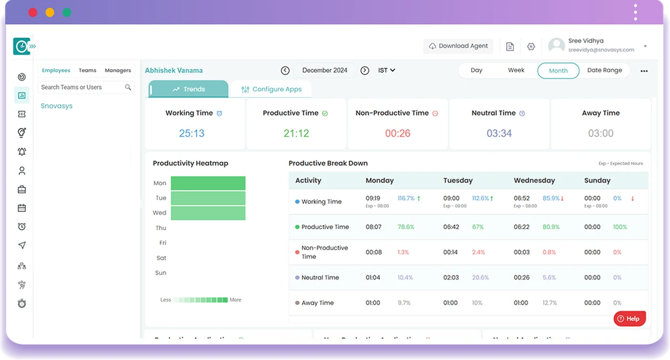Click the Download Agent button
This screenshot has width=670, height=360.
pyautogui.click(x=458, y=46)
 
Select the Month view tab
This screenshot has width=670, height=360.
pyautogui.click(x=558, y=70)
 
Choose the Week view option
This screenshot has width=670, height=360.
pyautogui.click(x=516, y=70)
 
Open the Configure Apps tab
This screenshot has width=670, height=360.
pyautogui.click(x=271, y=89)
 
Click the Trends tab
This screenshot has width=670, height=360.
pyautogui.click(x=189, y=89)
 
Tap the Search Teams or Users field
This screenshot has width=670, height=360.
pyautogui.click(x=81, y=87)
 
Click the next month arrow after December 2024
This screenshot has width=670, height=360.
pyautogui.click(x=365, y=70)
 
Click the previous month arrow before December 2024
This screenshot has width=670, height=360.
pyautogui.click(x=285, y=70)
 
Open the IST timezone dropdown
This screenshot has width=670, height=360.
pyautogui.click(x=387, y=70)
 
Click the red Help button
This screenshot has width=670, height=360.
pyautogui.click(x=629, y=318)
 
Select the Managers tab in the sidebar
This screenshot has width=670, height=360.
pyautogui.click(x=118, y=70)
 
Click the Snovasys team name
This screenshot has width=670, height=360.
pyautogui.click(x=57, y=106)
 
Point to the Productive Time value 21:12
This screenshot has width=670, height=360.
pyautogui.click(x=296, y=133)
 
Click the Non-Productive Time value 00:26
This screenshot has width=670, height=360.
pyautogui.click(x=398, y=133)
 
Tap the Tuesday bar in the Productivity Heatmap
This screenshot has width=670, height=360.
pyautogui.click(x=208, y=198)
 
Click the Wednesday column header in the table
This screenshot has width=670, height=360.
pyautogui.click(x=534, y=181)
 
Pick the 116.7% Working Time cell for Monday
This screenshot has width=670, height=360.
pyautogui.click(x=406, y=198)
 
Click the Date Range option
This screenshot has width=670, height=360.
pyautogui.click(x=604, y=70)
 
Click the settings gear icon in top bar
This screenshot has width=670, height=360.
pyautogui.click(x=531, y=46)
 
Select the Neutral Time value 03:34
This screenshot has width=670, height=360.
pyautogui.click(x=499, y=133)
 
